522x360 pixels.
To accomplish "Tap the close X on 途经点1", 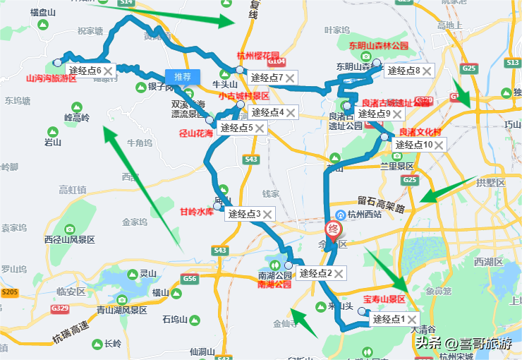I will [411, 320].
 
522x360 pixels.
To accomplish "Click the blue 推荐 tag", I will [183, 76].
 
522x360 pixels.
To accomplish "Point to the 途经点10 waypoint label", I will [413, 145].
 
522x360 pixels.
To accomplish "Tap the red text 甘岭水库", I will [196, 211].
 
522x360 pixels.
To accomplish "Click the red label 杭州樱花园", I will [257, 56].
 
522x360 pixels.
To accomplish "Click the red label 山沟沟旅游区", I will [51, 79].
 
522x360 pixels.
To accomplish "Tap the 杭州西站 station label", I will [365, 215].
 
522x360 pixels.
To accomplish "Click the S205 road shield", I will [10, 292].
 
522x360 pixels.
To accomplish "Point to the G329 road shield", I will [60, 308].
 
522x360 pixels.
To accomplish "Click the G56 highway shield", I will [189, 279].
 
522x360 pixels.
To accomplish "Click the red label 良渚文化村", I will [420, 132].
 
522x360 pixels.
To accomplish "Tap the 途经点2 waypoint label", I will [315, 273].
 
